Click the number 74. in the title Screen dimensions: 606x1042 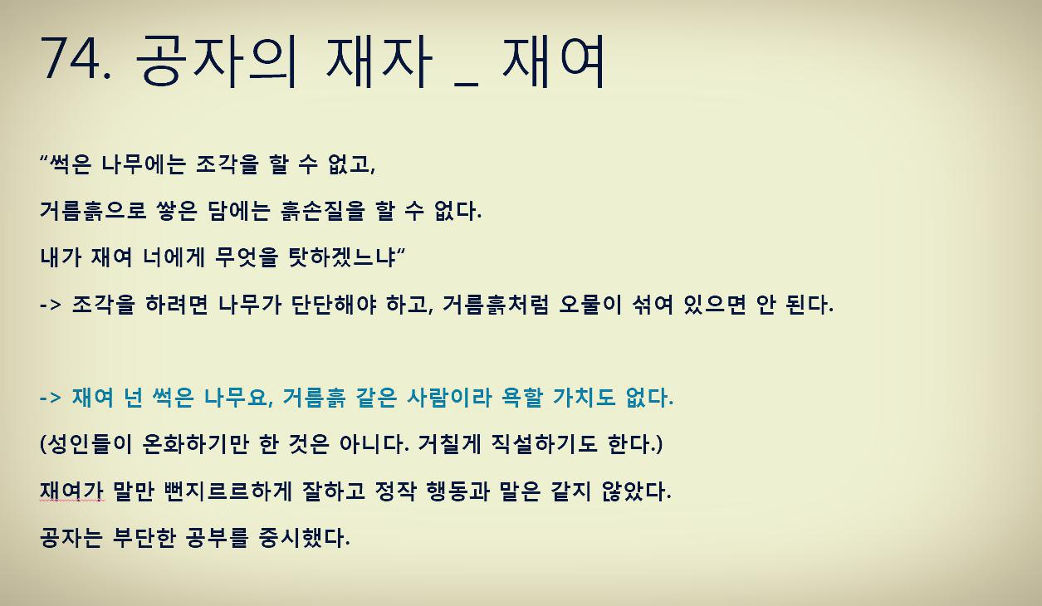coord(76,60)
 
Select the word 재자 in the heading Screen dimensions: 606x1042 coord(379,60)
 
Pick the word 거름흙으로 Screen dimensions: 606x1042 coord(93,211)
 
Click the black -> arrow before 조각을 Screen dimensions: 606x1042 coord(51,305)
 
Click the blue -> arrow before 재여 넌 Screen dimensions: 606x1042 coord(51,398)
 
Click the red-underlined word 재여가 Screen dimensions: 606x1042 coord(71,491)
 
